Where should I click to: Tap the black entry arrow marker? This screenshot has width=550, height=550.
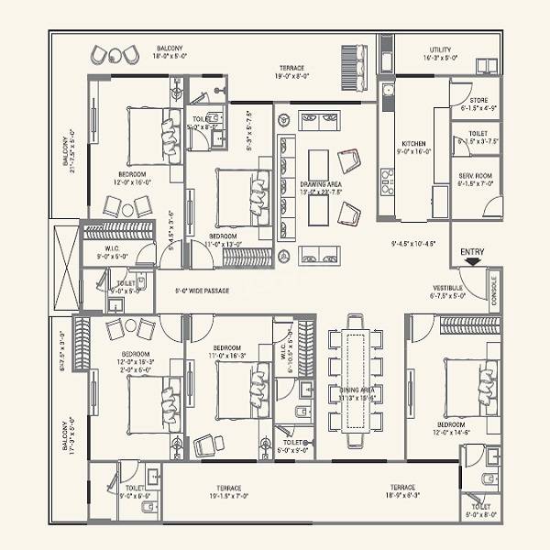pyautogui.click(x=471, y=262)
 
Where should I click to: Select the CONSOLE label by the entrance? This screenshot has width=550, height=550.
pyautogui.click(x=494, y=289)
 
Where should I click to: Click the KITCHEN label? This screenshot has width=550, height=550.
pyautogui.click(x=412, y=144)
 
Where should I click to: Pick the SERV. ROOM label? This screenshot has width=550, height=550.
pyautogui.click(x=477, y=174)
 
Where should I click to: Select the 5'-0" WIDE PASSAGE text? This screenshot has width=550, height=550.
pyautogui.click(x=202, y=291)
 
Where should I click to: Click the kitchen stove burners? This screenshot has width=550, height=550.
pyautogui.click(x=387, y=177)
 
